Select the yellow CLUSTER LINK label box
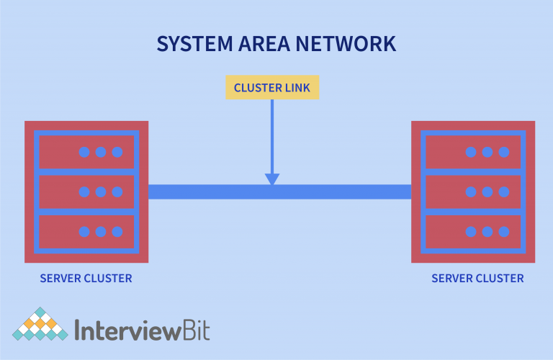pos(272,88)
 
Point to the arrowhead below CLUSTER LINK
pos(272,179)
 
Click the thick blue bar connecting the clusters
pos(216,192)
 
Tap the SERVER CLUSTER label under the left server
pos(86,278)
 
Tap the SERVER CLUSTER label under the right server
pos(477,278)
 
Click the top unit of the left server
pos(86,152)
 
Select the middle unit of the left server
pos(86,192)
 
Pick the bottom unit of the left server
pos(86,231)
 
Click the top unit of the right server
pos(473,152)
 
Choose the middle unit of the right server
pos(473,192)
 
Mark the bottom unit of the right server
pos(473,231)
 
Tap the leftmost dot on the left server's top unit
pos(84,152)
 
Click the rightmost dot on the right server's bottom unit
pos(504,231)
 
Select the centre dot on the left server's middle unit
pos(101,192)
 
